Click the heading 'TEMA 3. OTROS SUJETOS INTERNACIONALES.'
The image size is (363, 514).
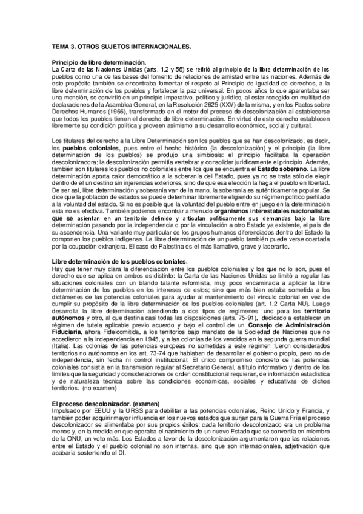[x=121, y=46]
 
